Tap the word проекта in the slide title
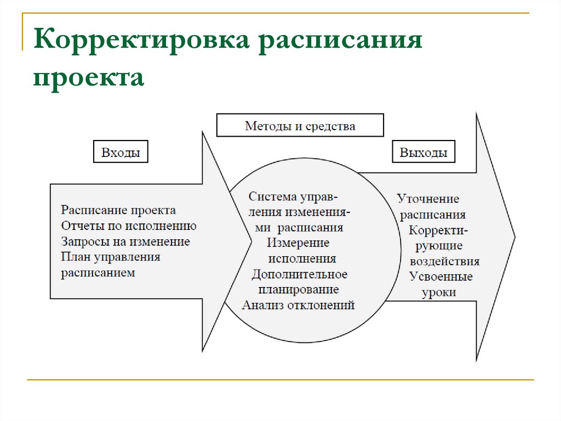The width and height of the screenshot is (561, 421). point(89,77)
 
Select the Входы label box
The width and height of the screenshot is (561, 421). point(121,153)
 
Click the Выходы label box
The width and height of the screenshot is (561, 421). point(423,153)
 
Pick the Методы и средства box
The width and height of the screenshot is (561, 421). point(300,126)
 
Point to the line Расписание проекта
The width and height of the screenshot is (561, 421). point(118,210)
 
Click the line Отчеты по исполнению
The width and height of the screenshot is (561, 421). point(129,226)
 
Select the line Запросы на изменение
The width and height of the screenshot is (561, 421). point(125,241)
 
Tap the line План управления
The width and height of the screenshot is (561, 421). point(111,256)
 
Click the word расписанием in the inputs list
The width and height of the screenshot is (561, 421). point(98,272)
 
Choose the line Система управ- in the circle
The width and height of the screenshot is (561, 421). point(293,197)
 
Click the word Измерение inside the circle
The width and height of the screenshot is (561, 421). point(299,243)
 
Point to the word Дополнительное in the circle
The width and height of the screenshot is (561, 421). point(299,273)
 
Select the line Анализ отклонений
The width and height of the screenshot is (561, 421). point(299,305)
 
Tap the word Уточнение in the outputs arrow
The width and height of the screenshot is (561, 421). point(428,199)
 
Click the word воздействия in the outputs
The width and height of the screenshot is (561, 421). point(444,261)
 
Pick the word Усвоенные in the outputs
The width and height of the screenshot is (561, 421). point(440,277)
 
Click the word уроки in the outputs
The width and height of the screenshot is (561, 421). point(438,293)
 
